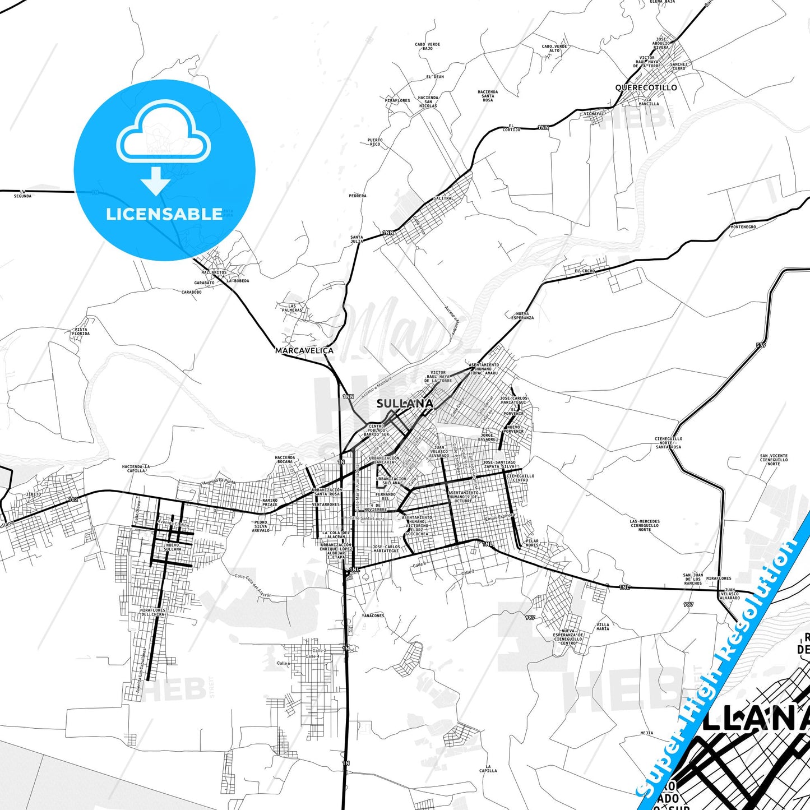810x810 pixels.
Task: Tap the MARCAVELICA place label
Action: pos(304,350)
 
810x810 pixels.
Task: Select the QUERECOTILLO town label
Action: pos(646,87)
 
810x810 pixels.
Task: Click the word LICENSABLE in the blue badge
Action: pos(164,214)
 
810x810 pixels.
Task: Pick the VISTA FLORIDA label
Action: pos(81,332)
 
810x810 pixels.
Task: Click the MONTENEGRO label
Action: pos(743,227)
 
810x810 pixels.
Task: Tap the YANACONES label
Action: pos(373,615)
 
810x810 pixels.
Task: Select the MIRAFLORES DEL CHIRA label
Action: pos(152,612)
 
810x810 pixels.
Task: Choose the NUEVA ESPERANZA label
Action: pos(522,316)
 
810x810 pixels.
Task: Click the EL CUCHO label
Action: pos(585,271)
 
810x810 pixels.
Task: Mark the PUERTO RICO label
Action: pos(375,142)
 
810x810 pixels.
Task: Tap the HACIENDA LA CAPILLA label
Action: pos(136,469)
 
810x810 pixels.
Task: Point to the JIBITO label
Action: pos(34,494)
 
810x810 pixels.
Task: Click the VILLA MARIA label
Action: pos(603,627)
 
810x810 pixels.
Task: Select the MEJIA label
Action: pos(646,733)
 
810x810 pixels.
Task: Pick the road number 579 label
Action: pos(761,345)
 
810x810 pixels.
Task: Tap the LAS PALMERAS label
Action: pos(292,308)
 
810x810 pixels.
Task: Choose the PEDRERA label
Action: pos(358,196)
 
